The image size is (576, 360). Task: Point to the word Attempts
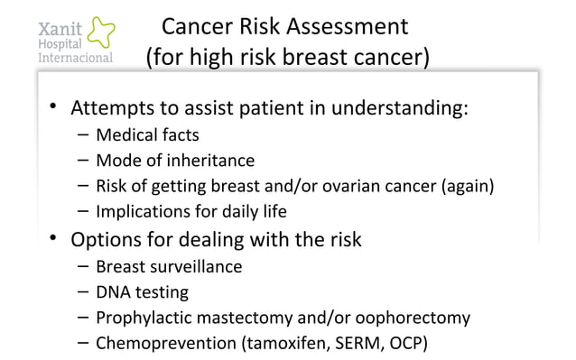tap(113, 110)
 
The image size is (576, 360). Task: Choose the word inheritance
tap(212, 162)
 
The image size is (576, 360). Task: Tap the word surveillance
tap(197, 267)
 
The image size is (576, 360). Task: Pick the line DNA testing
tap(142, 292)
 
